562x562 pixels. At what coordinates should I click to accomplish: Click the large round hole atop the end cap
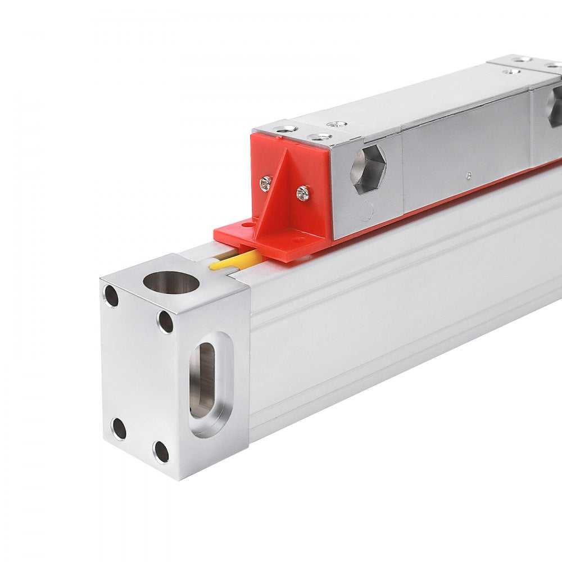click(171, 282)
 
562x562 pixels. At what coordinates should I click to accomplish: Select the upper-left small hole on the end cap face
click(111, 296)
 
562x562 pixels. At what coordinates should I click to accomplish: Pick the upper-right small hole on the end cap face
click(165, 321)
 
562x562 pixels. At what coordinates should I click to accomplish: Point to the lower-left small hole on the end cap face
click(119, 429)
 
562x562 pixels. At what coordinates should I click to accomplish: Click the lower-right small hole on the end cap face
click(161, 451)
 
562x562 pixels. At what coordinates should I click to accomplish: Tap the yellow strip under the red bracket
click(236, 260)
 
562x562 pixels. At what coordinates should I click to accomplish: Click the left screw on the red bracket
click(266, 183)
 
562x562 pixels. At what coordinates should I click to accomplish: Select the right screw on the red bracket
click(303, 193)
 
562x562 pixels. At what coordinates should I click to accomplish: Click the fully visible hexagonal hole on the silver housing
click(368, 169)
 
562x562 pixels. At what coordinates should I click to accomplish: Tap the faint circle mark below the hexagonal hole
click(366, 211)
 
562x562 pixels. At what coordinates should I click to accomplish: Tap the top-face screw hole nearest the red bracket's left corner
click(286, 129)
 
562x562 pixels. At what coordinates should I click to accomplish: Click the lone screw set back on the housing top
click(337, 124)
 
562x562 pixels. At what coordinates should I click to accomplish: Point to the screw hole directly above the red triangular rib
click(319, 137)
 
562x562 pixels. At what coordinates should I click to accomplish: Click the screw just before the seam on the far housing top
click(511, 71)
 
